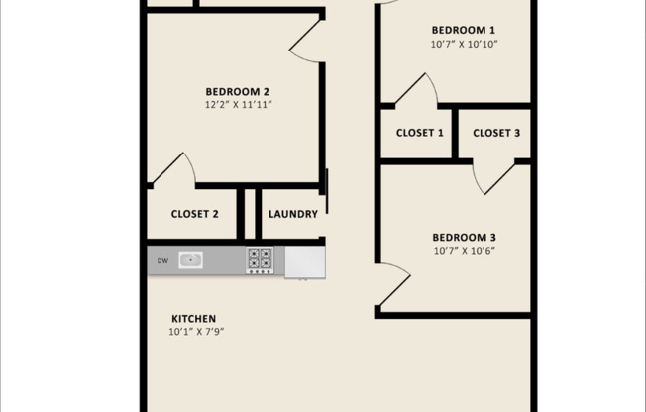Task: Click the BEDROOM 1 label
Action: pos(465,29)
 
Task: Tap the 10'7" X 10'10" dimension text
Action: pos(465,44)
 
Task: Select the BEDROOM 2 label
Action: pos(238,92)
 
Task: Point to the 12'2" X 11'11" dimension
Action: pos(238,104)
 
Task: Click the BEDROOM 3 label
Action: pos(464,237)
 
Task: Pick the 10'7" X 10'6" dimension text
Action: pos(464,251)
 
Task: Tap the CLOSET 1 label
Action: pos(420,133)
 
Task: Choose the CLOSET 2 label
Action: pos(194,214)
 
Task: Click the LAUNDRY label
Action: pos(293,214)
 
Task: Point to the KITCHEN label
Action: pos(193,318)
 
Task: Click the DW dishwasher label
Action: pos(162,261)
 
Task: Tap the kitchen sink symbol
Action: pos(190,260)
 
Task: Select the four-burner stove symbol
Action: pos(260,260)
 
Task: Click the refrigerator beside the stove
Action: pos(304,261)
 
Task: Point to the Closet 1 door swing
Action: pos(418,92)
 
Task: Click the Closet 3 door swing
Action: pos(492,175)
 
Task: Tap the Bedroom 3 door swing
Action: pos(393,284)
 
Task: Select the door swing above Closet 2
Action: pos(175,169)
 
